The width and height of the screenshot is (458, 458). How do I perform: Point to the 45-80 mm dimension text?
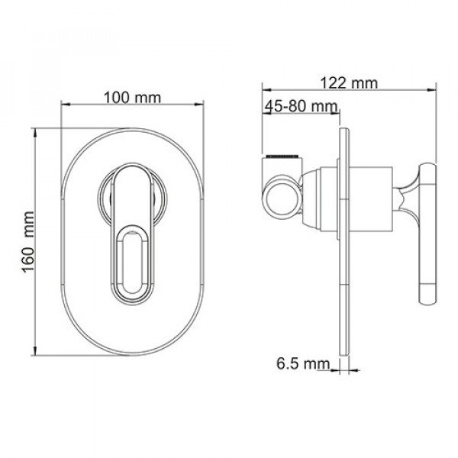302,105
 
